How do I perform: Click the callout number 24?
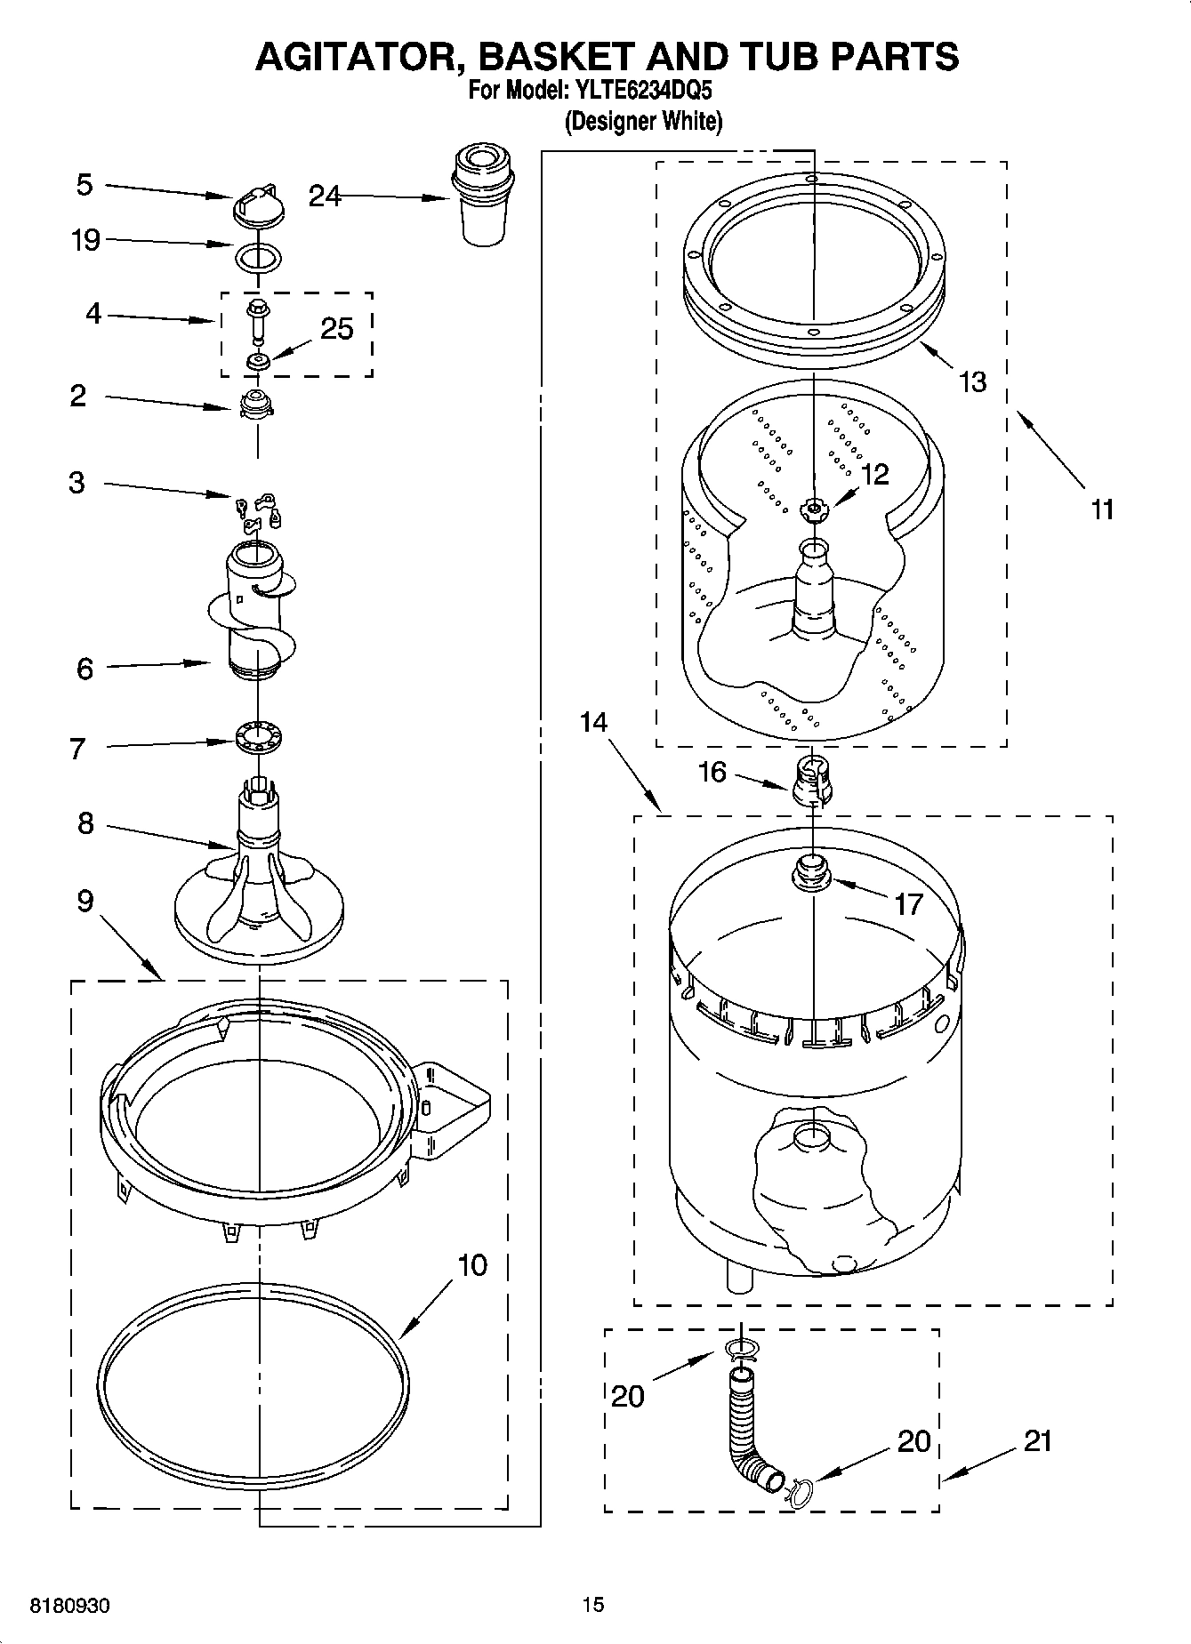[325, 196]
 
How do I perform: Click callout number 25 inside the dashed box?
[337, 329]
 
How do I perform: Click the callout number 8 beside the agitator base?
[84, 823]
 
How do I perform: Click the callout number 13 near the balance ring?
[973, 381]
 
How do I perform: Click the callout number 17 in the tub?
[908, 904]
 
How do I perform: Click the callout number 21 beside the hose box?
[1037, 1440]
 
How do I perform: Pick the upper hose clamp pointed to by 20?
[740, 1350]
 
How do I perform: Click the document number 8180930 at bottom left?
[70, 1606]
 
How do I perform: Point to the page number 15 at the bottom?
[593, 1604]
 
